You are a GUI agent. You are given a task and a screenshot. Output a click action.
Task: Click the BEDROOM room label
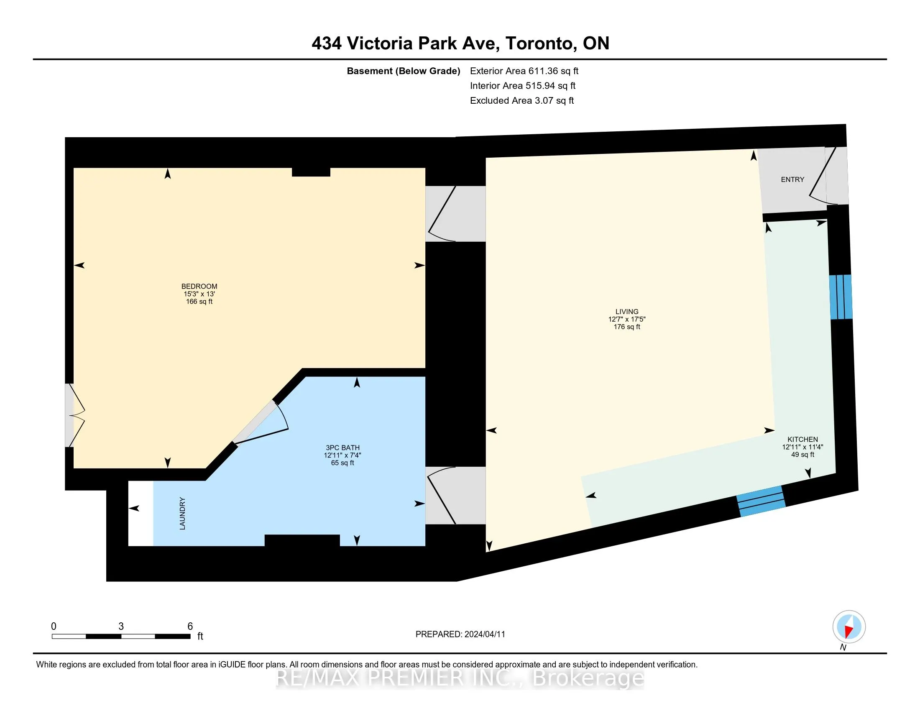(199, 286)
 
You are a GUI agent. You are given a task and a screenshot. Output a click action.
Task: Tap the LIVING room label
(627, 312)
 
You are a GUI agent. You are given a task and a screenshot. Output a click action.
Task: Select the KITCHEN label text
(802, 439)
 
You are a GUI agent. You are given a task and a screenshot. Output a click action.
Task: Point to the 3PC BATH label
(342, 448)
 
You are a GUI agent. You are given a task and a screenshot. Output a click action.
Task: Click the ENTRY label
(792, 179)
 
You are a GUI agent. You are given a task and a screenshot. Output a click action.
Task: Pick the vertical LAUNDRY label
(182, 514)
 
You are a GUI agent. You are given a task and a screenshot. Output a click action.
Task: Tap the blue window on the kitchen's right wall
(841, 297)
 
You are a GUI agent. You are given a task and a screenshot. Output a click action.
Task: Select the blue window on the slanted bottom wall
(761, 501)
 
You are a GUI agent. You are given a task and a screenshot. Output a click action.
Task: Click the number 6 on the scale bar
(190, 627)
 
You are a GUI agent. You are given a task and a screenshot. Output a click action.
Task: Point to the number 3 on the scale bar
(121, 627)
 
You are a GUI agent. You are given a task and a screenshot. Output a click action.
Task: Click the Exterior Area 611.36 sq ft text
(524, 71)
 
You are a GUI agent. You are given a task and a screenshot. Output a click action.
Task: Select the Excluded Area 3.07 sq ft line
(522, 100)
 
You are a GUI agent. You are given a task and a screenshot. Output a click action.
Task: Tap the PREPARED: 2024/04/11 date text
(460, 634)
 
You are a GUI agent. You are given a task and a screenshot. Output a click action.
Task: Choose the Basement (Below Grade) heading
(403, 71)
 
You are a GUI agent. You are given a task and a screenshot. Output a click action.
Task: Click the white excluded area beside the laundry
(141, 514)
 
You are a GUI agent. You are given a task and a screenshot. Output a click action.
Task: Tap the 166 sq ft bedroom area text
(199, 302)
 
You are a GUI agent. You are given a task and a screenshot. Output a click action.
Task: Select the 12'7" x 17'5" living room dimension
(627, 319)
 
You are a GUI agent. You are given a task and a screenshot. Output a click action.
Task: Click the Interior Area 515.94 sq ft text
(523, 85)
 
